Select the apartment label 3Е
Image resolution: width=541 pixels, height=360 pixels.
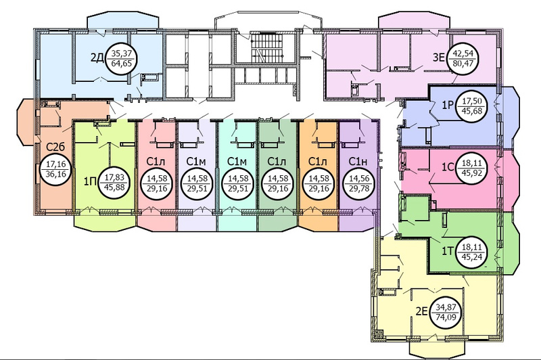tap(439, 57)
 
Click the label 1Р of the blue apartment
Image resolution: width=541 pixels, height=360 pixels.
tap(447, 105)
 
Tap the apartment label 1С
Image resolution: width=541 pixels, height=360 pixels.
tap(447, 166)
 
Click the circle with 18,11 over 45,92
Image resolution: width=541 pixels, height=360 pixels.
tap(471, 166)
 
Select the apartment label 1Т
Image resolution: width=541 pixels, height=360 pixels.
tap(447, 251)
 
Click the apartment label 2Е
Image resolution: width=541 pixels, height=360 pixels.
tap(421, 312)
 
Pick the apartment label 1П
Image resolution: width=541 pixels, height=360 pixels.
tap(90, 181)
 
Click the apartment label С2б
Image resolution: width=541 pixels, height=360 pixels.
tap(55, 147)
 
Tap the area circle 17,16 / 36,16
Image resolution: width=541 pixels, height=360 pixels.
tap(55, 170)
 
